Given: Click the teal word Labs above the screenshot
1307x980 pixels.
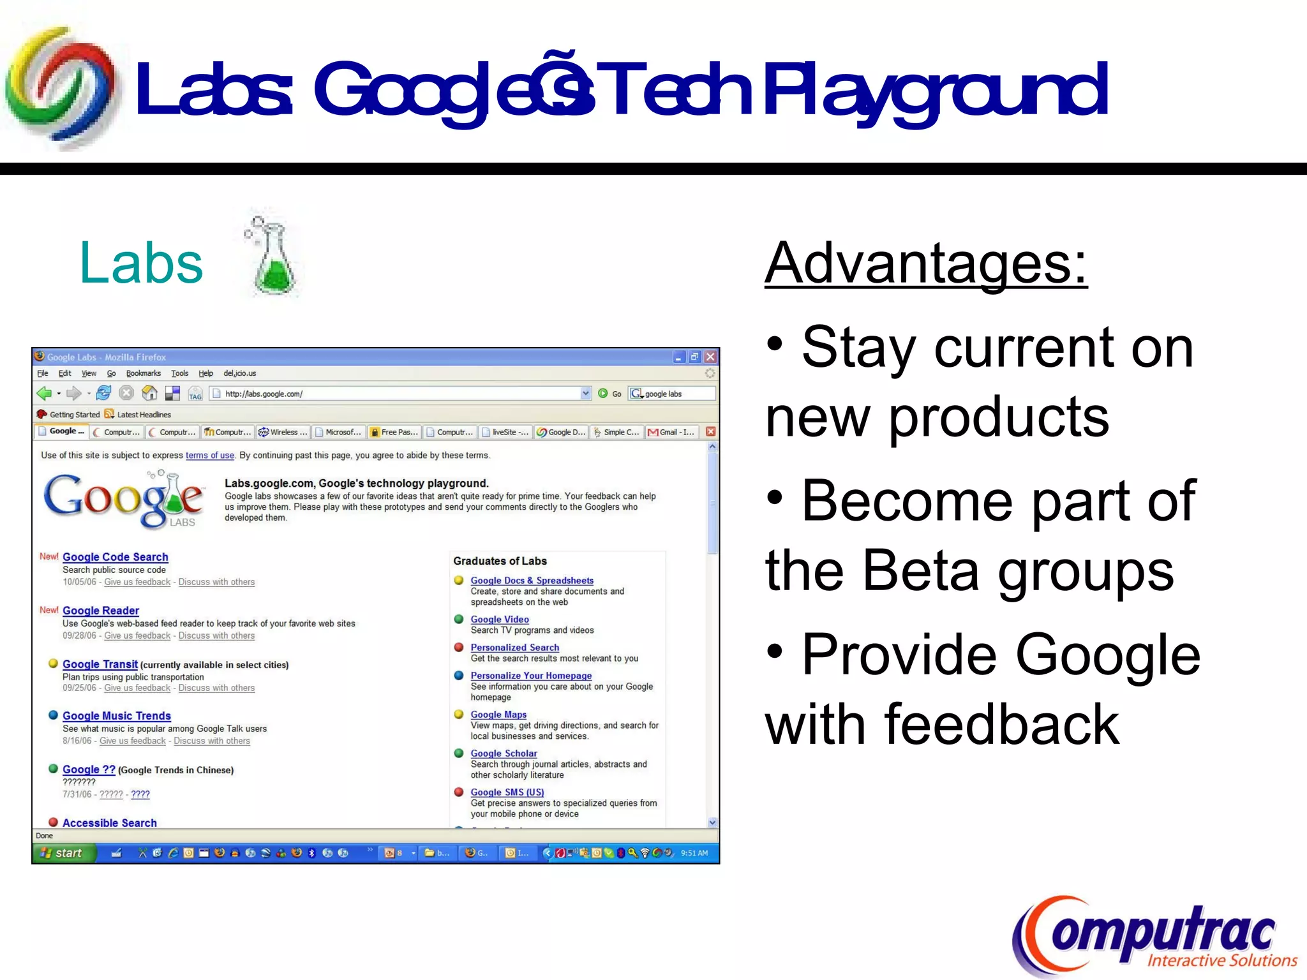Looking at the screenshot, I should click(x=141, y=263).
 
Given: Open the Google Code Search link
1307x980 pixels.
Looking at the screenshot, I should click(x=115, y=557).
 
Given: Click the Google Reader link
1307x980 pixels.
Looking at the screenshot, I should click(x=100, y=611).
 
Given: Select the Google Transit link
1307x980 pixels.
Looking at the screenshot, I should click(x=100, y=664).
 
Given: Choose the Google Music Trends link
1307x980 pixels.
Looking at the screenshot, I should click(x=116, y=716).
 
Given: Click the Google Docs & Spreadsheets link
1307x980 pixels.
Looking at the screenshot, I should click(x=532, y=581).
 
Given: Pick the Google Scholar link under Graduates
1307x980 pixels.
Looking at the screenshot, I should click(x=504, y=754).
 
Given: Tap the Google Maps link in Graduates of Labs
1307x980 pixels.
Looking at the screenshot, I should click(x=498, y=715).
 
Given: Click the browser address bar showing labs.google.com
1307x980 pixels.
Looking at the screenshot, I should click(x=396, y=394).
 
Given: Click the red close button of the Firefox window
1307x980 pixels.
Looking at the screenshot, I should click(x=710, y=357).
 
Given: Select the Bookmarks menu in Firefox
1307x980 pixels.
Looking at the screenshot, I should click(x=143, y=373).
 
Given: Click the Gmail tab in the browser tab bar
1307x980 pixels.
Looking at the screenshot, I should click(x=671, y=432).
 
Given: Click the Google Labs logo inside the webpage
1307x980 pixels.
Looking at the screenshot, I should click(x=123, y=501).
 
